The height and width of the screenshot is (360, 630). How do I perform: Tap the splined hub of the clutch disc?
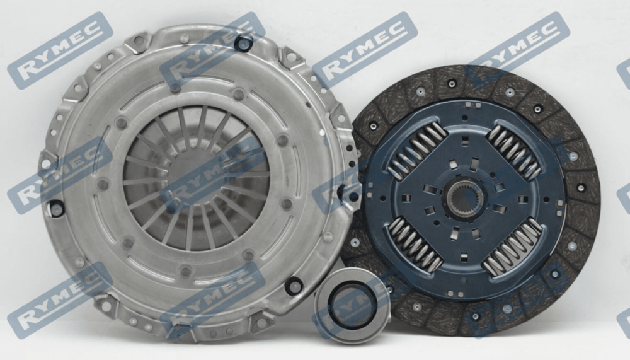[464, 199]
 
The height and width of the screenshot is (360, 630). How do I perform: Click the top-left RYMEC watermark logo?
[60, 50]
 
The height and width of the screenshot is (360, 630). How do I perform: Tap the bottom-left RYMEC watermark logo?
[60, 299]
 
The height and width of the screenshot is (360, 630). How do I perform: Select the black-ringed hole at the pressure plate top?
[243, 43]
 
